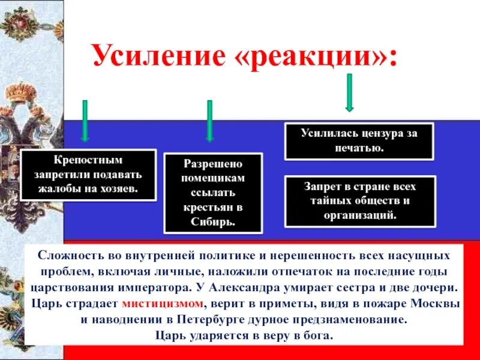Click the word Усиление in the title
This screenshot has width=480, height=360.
click(157, 58)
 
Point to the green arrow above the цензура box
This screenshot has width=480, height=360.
click(349, 93)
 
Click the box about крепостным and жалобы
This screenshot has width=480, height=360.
click(89, 175)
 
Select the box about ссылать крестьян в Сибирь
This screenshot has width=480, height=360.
click(214, 193)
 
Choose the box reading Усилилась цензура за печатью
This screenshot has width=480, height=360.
click(359, 140)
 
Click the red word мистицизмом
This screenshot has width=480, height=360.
click(164, 302)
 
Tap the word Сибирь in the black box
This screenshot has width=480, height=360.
click(214, 221)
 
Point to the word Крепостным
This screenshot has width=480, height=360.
click(88, 161)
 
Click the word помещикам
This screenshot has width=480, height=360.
click(214, 178)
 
